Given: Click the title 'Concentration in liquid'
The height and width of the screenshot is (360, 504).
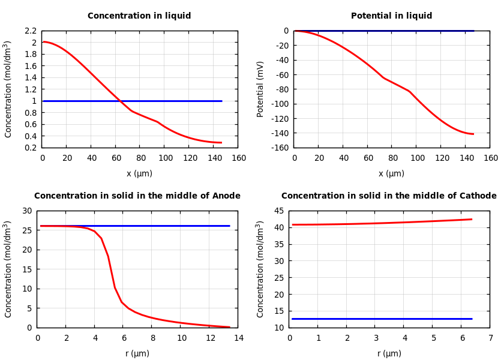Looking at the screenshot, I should pyautogui.click(x=139, y=16).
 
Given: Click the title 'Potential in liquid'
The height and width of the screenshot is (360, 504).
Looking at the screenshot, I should pyautogui.click(x=391, y=16).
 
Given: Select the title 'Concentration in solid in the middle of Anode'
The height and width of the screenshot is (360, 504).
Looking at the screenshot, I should pyautogui.click(x=137, y=196).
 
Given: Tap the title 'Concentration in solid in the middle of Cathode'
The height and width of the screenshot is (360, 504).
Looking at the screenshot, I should pyautogui.click(x=389, y=196).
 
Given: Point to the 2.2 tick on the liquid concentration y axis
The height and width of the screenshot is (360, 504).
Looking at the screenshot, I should pyautogui.click(x=31, y=31).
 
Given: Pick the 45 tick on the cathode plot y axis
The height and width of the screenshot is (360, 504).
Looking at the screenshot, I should pyautogui.click(x=278, y=211).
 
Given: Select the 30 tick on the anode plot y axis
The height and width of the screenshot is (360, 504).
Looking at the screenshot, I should pyautogui.click(x=26, y=211).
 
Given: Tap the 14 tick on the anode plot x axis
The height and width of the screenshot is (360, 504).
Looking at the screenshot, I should pyautogui.click(x=238, y=338).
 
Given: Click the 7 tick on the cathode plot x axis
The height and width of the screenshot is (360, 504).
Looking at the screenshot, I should pyautogui.click(x=490, y=338).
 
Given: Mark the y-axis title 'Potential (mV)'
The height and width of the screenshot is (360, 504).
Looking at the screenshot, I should pyautogui.click(x=260, y=89).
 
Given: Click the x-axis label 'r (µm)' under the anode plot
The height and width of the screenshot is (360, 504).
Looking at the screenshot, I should pyautogui.click(x=137, y=354).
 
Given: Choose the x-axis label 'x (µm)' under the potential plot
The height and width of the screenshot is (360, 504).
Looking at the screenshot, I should pyautogui.click(x=391, y=174).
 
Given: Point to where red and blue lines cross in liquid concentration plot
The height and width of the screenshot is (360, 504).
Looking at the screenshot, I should pyautogui.click(x=119, y=101).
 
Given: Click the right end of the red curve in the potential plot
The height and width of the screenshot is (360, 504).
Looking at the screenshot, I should pyautogui.click(x=473, y=134).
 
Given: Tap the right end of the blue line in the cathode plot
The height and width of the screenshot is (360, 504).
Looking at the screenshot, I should pyautogui.click(x=472, y=319).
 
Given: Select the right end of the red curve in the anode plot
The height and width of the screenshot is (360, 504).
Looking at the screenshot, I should pyautogui.click(x=229, y=327).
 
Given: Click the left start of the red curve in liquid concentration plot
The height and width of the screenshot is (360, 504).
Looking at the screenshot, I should pyautogui.click(x=43, y=42).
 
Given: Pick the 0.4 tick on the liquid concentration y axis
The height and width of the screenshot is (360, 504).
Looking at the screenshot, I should pyautogui.click(x=31, y=136).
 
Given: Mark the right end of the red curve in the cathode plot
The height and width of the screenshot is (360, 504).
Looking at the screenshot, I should pyautogui.click(x=472, y=219).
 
